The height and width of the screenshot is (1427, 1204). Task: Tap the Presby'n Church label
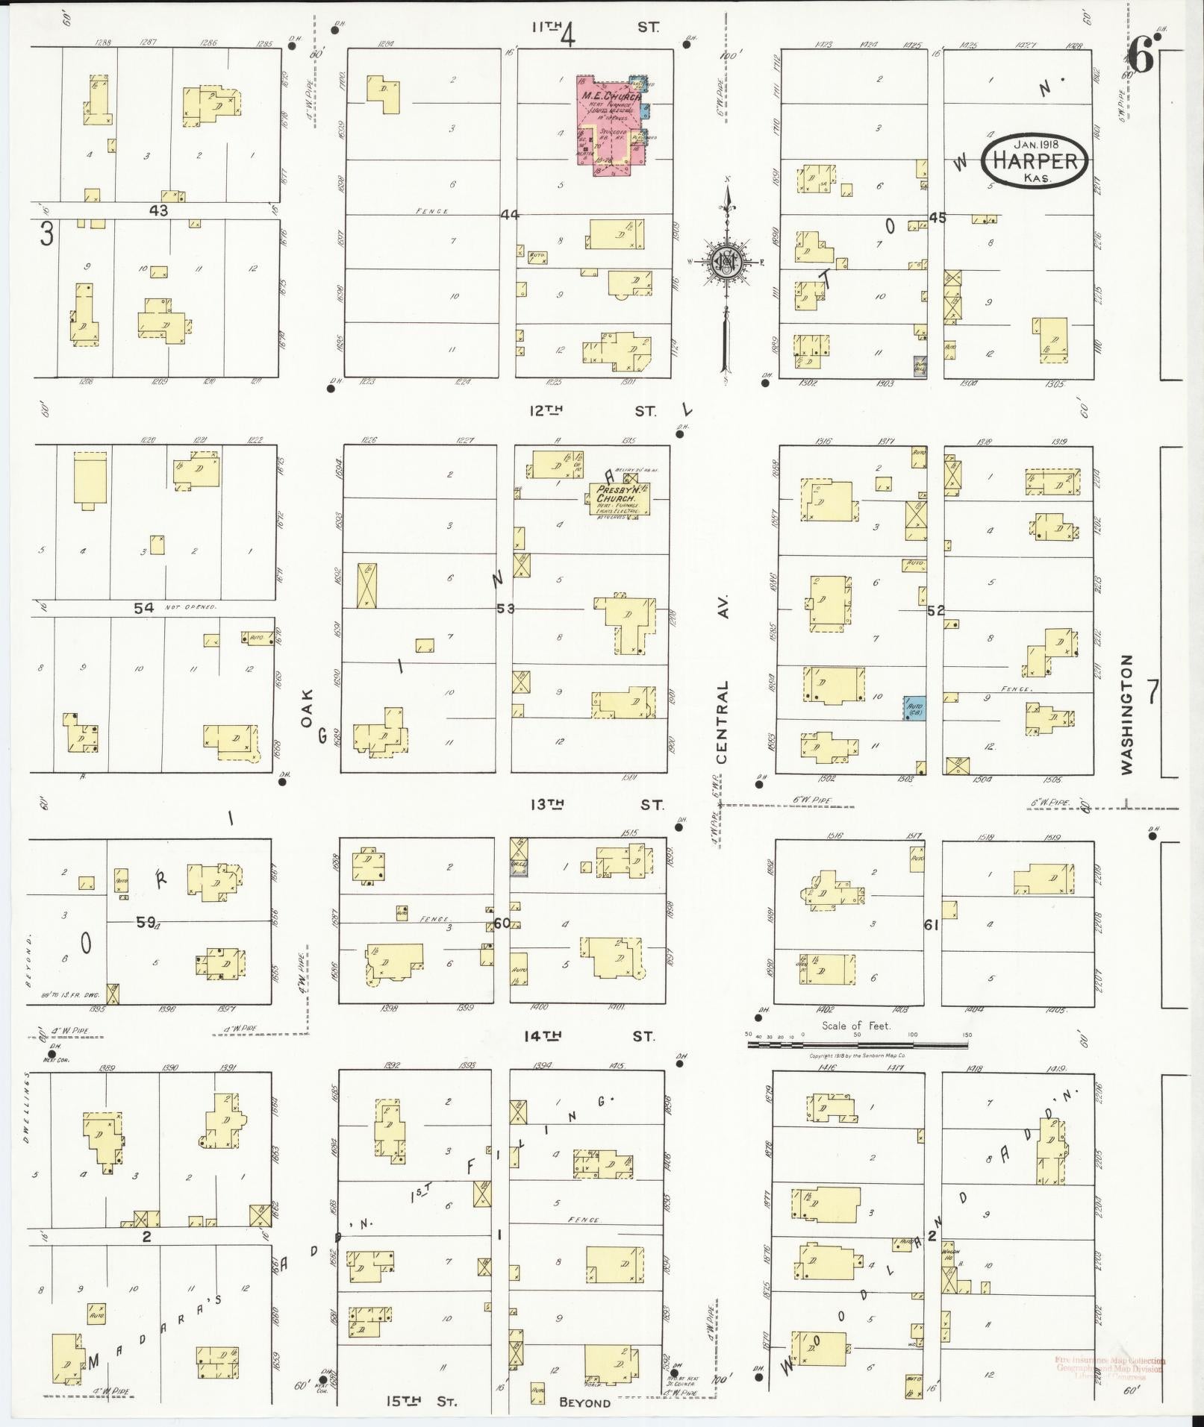click(616, 494)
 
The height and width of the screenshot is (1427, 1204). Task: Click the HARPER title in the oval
click(1034, 161)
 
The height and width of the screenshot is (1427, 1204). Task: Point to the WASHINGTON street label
click(1126, 714)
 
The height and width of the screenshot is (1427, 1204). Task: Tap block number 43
click(158, 211)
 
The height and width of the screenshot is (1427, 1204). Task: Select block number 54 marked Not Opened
click(144, 608)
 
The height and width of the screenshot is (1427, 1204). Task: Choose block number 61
click(931, 925)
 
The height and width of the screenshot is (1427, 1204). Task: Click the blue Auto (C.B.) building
click(914, 707)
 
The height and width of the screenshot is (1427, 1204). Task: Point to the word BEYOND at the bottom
click(584, 1403)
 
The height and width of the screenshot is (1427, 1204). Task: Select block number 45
click(938, 217)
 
